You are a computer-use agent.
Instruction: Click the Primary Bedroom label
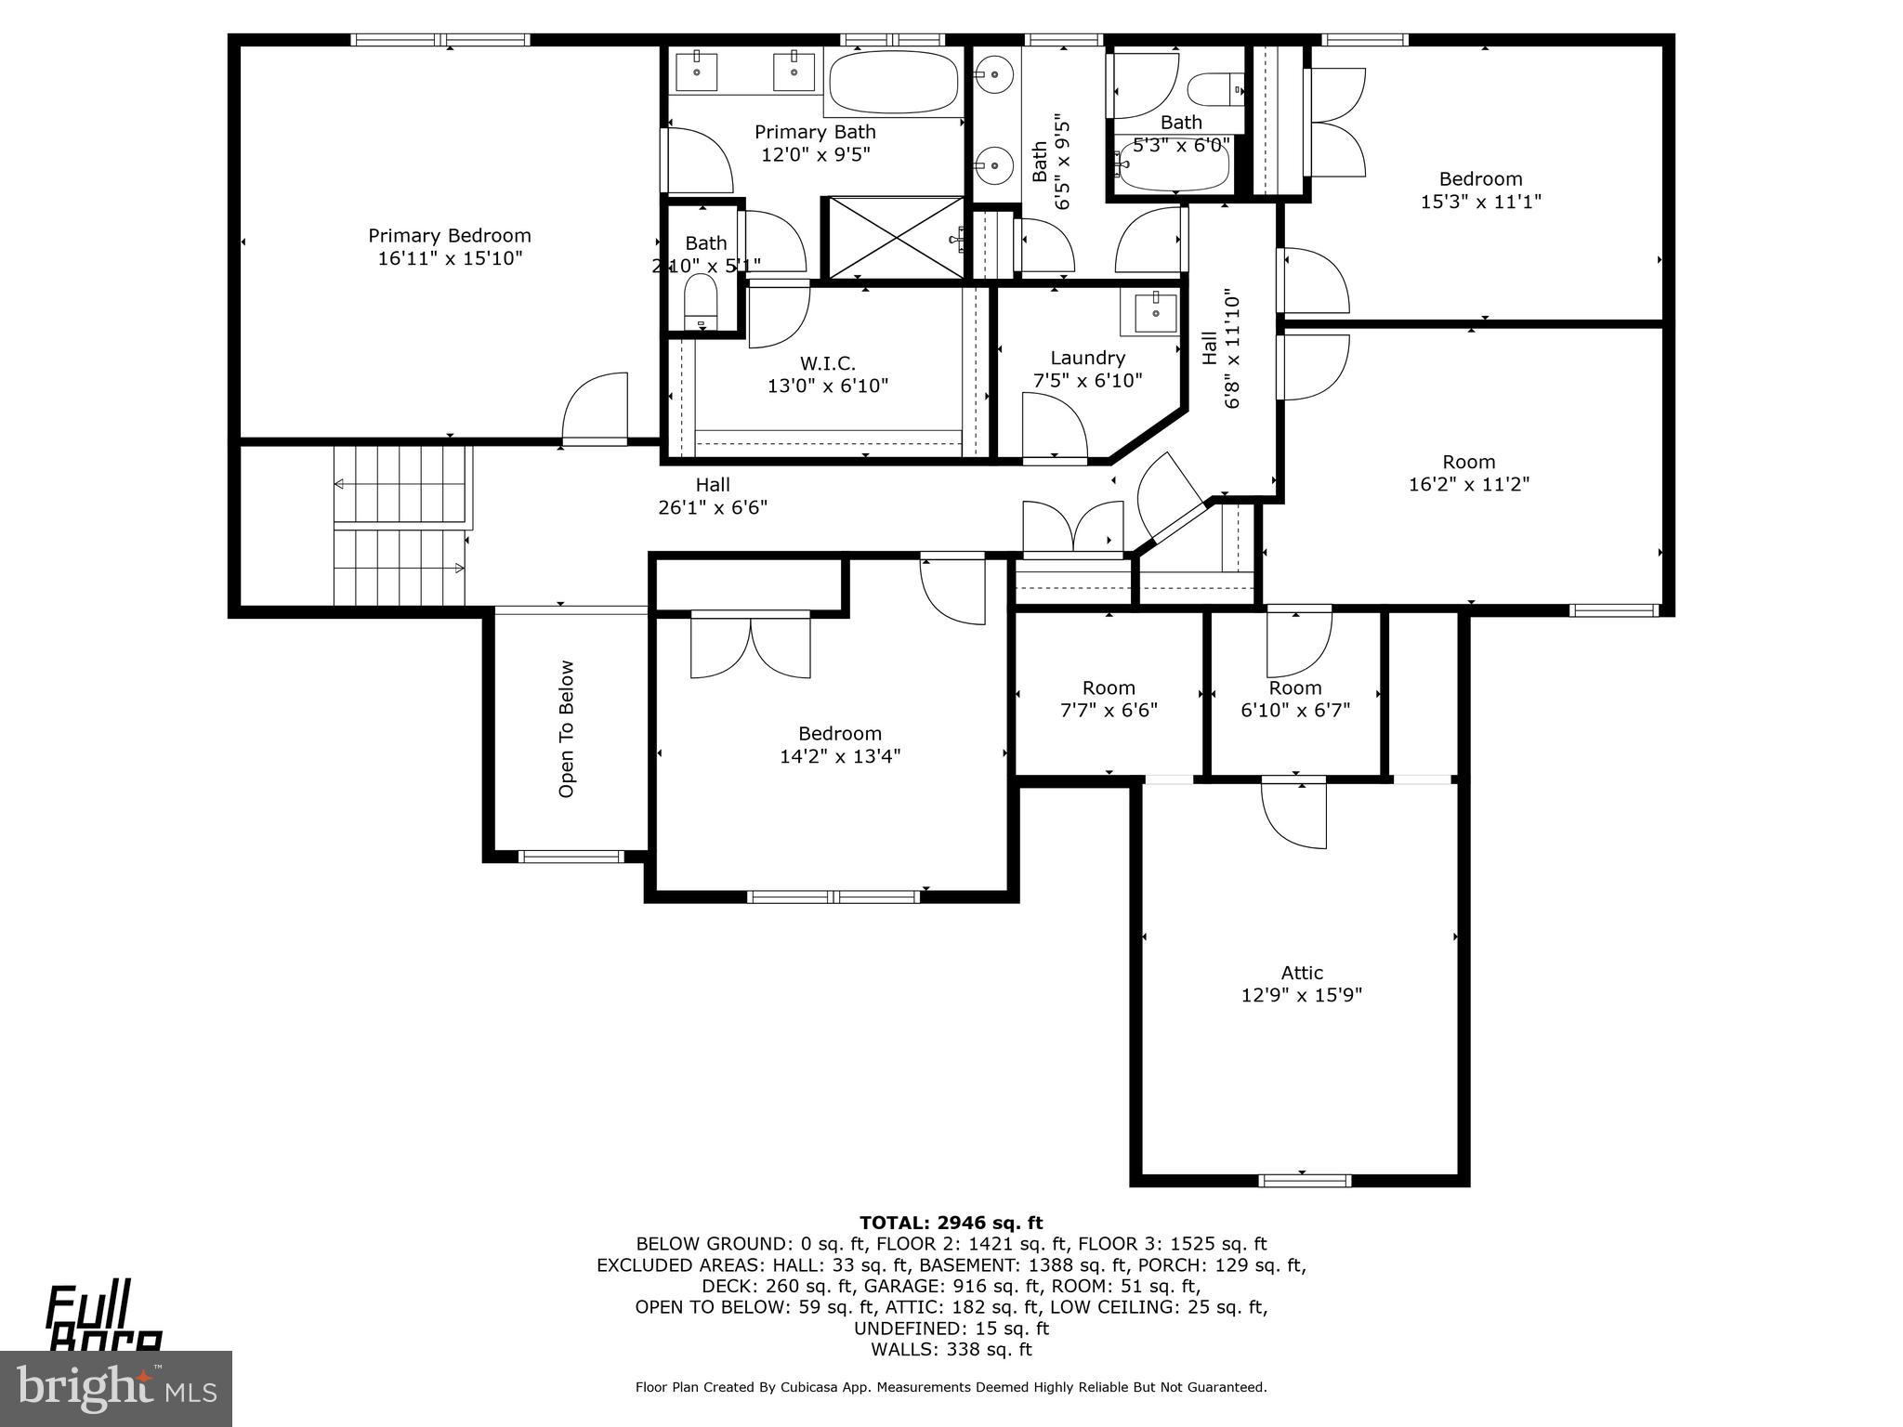[x=450, y=236]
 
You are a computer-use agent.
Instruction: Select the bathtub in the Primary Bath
[x=893, y=82]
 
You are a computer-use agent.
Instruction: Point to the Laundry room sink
[x=1154, y=313]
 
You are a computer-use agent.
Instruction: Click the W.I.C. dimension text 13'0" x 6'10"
[x=827, y=386]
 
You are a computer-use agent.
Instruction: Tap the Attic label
[x=1301, y=973]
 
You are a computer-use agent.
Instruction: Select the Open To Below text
[x=567, y=728]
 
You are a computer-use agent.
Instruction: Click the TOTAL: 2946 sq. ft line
[x=951, y=1223]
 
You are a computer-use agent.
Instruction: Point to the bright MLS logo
[x=116, y=1389]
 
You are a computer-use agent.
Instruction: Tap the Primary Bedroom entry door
[x=595, y=409]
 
